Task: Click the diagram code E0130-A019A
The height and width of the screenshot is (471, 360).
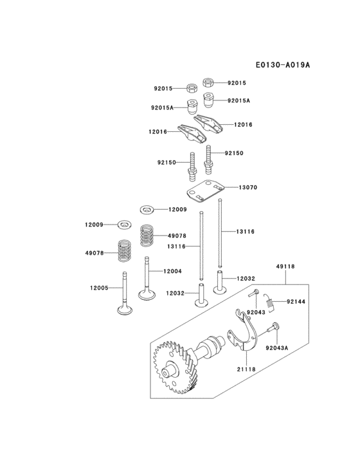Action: [x=282, y=65]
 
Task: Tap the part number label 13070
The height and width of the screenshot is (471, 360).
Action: [x=248, y=188]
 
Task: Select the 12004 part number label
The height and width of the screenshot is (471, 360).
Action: [x=172, y=271]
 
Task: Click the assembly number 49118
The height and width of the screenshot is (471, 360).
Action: [x=285, y=265]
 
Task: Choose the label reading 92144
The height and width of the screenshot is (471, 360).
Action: [x=296, y=300]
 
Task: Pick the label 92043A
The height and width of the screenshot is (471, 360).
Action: [x=277, y=348]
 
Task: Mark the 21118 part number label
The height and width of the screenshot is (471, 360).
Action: [x=247, y=369]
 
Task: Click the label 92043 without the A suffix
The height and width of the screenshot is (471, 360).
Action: [x=256, y=313]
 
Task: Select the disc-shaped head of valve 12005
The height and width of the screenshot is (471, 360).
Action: [x=124, y=310]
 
